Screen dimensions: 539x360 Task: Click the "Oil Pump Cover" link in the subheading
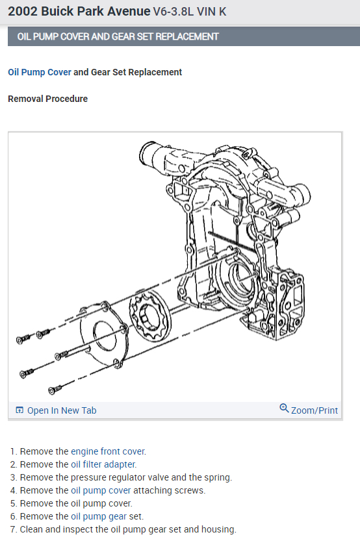point(40,72)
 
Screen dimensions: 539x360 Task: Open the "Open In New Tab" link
point(62,410)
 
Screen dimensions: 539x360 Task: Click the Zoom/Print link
point(315,410)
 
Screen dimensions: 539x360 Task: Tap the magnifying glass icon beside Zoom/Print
point(284,408)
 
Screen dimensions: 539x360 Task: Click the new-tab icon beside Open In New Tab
point(19,410)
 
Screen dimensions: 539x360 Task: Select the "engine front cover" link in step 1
point(108,451)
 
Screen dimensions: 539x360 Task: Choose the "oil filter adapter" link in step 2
point(103,464)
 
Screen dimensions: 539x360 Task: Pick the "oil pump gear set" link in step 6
point(107,516)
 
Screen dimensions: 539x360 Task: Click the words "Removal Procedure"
point(47,99)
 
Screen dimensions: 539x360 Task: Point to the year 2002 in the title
point(20,11)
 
